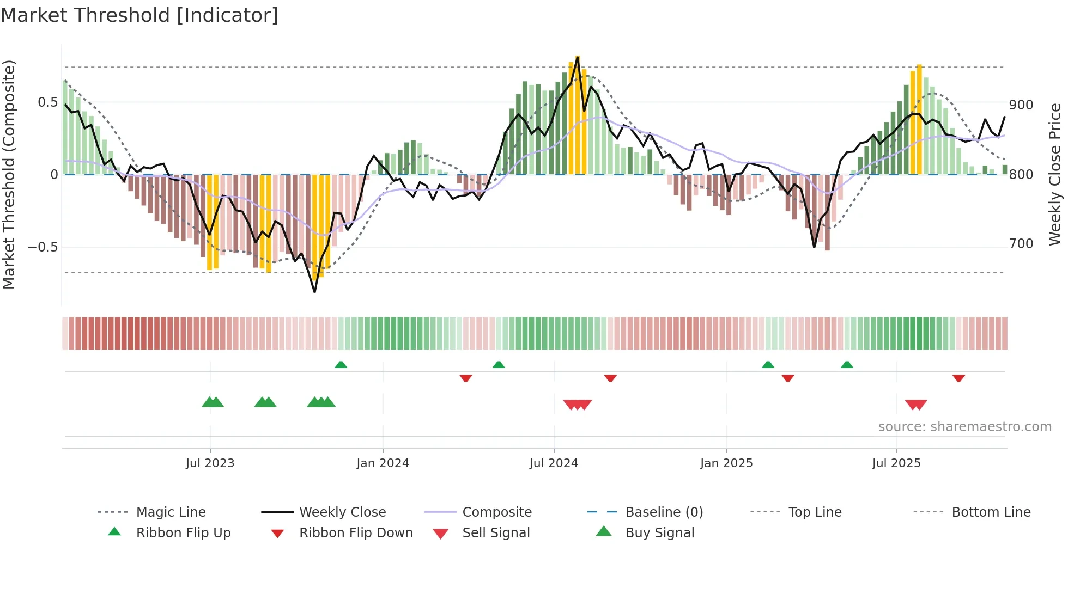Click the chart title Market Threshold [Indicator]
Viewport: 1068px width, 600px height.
click(x=139, y=15)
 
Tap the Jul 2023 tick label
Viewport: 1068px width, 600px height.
click(x=210, y=463)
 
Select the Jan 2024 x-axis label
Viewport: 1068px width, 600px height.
click(x=383, y=463)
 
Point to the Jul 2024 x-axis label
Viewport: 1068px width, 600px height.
click(x=554, y=463)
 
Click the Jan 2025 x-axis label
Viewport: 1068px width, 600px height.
click(x=726, y=463)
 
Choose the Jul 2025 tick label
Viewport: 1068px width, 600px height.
click(x=896, y=463)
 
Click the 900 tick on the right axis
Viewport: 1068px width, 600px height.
click(x=1021, y=105)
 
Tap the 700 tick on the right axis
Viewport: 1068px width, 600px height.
click(x=1021, y=244)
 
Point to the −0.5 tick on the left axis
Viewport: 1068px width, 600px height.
click(x=43, y=247)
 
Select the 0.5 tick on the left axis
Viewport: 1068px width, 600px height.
click(x=47, y=102)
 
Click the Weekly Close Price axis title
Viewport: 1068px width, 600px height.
click(x=1055, y=174)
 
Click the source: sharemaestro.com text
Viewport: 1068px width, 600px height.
click(x=964, y=427)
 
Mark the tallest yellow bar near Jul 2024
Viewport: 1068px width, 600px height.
click(x=578, y=114)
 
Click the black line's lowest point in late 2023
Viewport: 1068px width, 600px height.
click(x=314, y=292)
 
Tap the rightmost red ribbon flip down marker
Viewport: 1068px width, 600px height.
click(x=958, y=378)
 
